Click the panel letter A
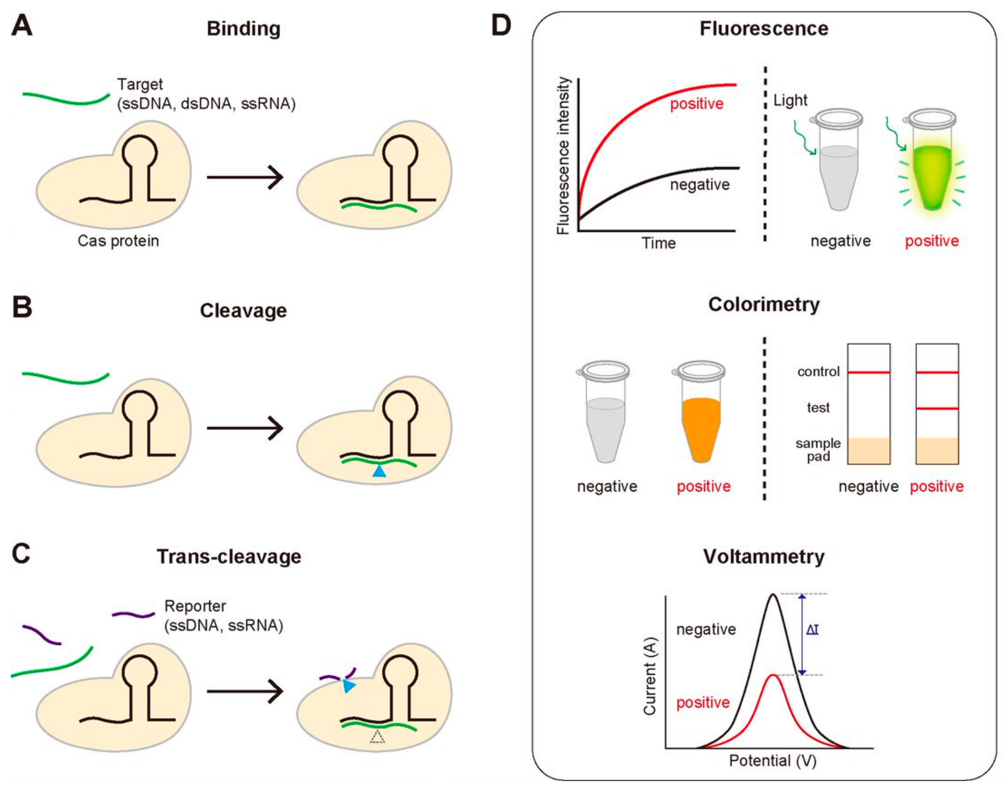pyautogui.click(x=22, y=26)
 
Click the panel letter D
pyautogui.click(x=501, y=26)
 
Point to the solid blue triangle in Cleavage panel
pyautogui.click(x=379, y=471)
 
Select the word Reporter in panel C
pyautogui.click(x=195, y=606)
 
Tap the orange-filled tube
pyautogui.click(x=701, y=426)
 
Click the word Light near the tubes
pyautogui.click(x=790, y=100)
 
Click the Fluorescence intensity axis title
pyautogui.click(x=563, y=156)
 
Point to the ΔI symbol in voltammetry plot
pyautogui.click(x=812, y=630)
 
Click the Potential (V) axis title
pyautogui.click(x=772, y=761)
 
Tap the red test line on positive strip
pyautogui.click(x=937, y=409)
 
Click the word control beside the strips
pyautogui.click(x=818, y=372)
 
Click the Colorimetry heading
pyautogui.click(x=764, y=304)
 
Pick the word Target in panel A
pyautogui.click(x=140, y=84)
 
